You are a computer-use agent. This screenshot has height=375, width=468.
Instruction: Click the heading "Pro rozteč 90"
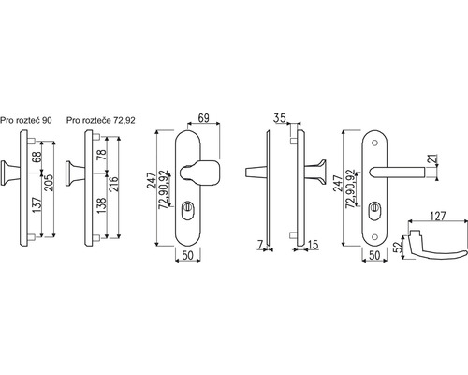(26, 120)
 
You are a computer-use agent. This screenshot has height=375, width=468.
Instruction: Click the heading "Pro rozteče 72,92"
(101, 120)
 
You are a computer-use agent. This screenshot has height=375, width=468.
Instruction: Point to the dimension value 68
(37, 157)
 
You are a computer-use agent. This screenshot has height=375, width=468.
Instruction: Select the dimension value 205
(49, 183)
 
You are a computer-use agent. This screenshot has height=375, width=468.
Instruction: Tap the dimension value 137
(37, 205)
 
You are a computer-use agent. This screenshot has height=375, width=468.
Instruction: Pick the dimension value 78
(101, 155)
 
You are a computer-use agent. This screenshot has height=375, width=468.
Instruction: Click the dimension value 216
(114, 185)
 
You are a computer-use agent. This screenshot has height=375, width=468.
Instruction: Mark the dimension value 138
(101, 205)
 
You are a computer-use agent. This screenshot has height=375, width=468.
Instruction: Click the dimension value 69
(204, 118)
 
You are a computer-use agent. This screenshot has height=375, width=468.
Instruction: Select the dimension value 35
(280, 118)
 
